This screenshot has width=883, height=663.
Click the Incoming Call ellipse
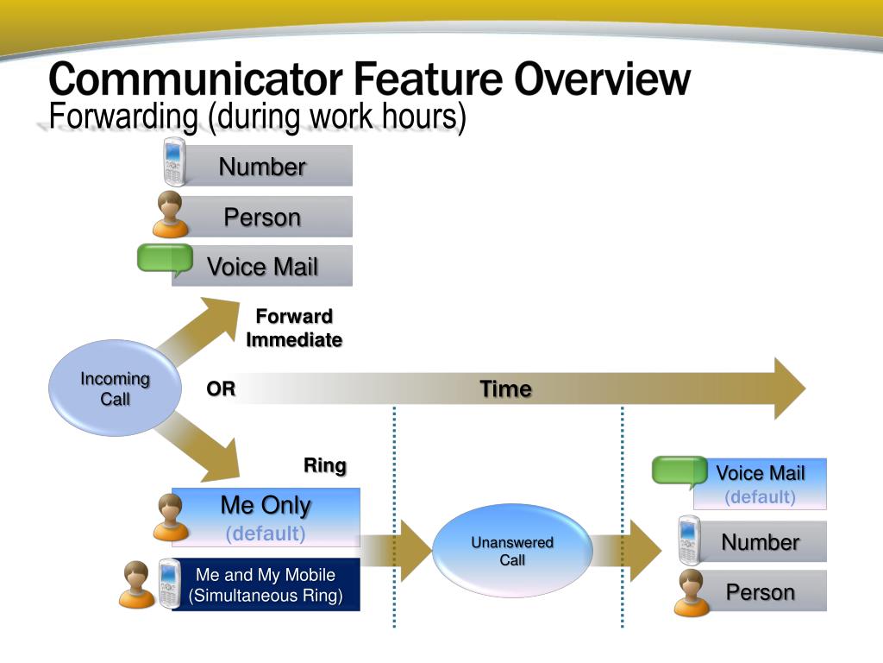click(x=115, y=388)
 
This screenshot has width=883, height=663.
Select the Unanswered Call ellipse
click(x=512, y=551)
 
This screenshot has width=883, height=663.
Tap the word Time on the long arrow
click(x=505, y=389)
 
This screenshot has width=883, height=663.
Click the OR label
click(x=221, y=389)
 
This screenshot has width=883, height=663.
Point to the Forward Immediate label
click(x=294, y=328)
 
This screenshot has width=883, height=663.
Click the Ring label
click(x=324, y=466)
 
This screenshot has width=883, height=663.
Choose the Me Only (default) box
click(x=266, y=517)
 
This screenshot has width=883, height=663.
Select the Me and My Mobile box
click(x=266, y=585)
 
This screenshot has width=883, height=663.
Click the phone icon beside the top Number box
click(x=174, y=162)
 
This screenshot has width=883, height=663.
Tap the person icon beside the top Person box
click(x=170, y=215)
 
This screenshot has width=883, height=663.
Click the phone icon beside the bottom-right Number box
click(x=688, y=540)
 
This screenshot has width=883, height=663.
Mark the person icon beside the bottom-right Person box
click(x=691, y=592)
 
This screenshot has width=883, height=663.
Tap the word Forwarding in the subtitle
click(x=124, y=117)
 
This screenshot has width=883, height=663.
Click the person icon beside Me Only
click(x=170, y=517)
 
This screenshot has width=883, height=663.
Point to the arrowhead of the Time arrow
click(x=787, y=388)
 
